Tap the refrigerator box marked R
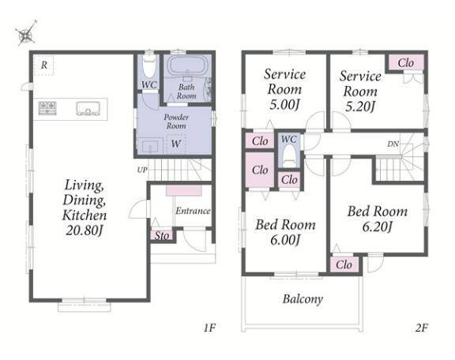point(43,66)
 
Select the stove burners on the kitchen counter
point(47,108)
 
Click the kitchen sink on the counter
point(88,108)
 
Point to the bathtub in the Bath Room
point(188,66)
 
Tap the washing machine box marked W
point(176,144)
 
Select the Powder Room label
point(176,122)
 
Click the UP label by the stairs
point(142,170)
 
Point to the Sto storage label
point(162,235)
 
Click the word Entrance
point(193,211)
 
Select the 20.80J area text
point(85,231)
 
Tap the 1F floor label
point(209,328)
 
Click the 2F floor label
point(422,328)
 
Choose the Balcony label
point(303,299)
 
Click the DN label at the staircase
point(393,144)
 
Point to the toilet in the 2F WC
point(289,155)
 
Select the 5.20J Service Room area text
point(360,107)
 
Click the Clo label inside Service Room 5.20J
point(406,62)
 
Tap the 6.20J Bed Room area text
point(378,227)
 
